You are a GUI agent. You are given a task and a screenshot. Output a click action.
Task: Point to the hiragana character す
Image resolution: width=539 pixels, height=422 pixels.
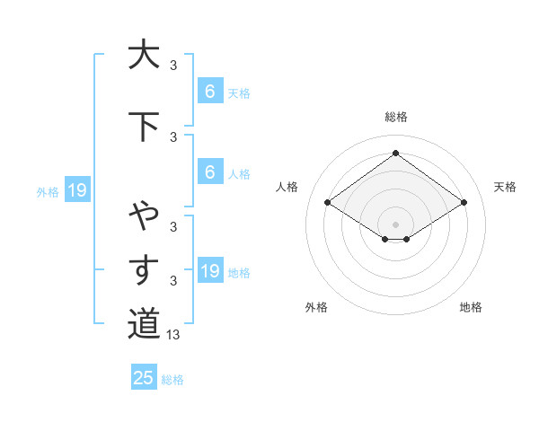(x=144, y=269)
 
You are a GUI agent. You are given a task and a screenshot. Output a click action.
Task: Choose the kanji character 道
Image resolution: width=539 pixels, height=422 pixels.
(x=144, y=323)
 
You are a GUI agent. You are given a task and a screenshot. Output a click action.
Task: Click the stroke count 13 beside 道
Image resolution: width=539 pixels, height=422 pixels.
(x=174, y=335)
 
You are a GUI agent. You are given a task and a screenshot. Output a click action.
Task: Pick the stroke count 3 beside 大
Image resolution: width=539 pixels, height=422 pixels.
(x=173, y=65)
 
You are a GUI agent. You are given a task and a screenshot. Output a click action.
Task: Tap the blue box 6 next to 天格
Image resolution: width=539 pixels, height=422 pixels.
(x=209, y=92)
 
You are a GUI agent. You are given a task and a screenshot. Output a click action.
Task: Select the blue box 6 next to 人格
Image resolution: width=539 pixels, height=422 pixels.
(x=209, y=172)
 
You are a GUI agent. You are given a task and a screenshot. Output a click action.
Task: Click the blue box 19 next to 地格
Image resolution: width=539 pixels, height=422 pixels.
(x=209, y=271)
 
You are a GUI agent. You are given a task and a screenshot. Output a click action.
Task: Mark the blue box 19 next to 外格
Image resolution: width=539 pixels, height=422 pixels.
(x=76, y=190)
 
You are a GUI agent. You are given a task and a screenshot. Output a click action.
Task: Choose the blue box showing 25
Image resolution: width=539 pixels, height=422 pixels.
(x=144, y=378)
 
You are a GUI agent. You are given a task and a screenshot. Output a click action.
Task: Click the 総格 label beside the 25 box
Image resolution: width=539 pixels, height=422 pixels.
(x=172, y=380)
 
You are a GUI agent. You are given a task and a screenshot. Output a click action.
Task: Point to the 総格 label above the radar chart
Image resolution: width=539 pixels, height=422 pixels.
(x=395, y=117)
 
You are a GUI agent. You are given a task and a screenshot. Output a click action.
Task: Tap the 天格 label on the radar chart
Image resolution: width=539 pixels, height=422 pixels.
(x=506, y=187)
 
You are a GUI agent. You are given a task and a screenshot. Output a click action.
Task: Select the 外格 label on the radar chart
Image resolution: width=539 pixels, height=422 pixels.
(x=316, y=307)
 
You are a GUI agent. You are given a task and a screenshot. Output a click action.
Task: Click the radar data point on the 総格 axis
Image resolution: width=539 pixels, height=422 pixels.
(x=395, y=153)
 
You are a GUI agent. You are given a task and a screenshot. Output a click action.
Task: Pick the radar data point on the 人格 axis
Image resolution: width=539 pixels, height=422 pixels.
(x=328, y=203)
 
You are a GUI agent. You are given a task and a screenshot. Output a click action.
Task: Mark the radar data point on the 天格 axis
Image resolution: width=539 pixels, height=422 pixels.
(x=464, y=203)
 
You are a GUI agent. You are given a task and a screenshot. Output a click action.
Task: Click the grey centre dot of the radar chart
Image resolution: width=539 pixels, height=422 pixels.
(x=395, y=224)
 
